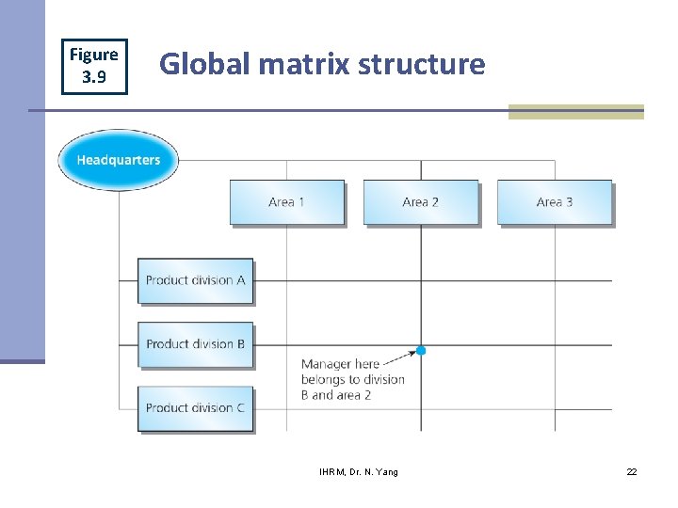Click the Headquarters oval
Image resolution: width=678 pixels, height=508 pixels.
point(118,160)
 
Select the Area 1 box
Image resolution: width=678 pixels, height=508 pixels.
point(287,202)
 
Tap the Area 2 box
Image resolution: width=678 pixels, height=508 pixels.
point(421,202)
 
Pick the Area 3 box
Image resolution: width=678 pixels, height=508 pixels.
point(555,202)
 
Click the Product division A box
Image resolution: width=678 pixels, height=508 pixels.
point(196,280)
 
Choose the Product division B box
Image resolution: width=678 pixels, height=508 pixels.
point(196,344)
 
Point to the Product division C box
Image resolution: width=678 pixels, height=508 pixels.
point(196,408)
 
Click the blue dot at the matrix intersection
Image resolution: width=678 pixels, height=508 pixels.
point(421,350)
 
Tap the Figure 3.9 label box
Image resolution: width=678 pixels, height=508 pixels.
point(94,66)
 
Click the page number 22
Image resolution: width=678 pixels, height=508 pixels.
point(632,471)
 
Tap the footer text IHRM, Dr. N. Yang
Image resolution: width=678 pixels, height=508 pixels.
point(359,471)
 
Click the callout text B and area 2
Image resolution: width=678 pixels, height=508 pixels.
point(336,395)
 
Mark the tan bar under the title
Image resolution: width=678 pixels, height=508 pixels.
point(575,112)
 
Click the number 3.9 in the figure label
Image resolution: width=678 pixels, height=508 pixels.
point(94,77)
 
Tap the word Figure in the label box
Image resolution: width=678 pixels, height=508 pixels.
point(94,55)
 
